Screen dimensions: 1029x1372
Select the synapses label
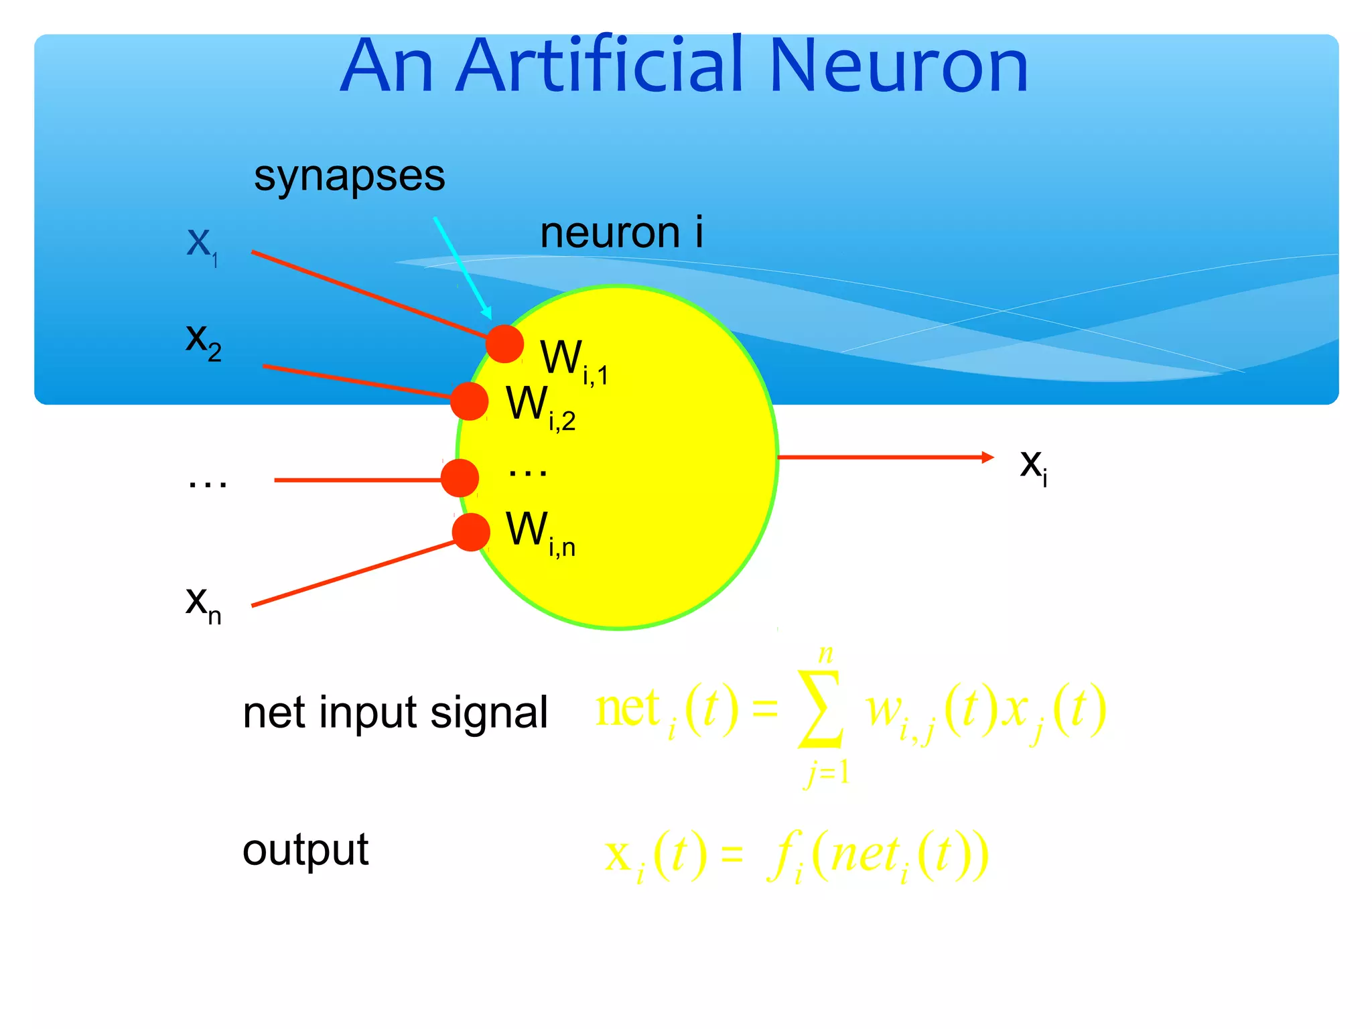[x=349, y=177]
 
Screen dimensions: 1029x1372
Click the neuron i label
[x=621, y=233]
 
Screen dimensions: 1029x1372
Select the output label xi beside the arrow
[x=1033, y=465]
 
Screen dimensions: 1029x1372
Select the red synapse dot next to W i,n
[x=471, y=532]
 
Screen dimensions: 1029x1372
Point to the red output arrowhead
[x=987, y=458]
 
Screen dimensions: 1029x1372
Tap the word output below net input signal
[x=305, y=851]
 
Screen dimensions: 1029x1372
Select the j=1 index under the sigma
[x=827, y=773]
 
